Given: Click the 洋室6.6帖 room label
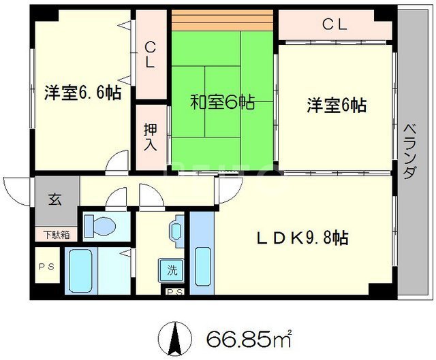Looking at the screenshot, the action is pyautogui.click(x=83, y=93).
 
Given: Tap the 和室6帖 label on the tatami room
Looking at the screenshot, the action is pyautogui.click(x=222, y=103).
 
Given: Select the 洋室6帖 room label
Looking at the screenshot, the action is pyautogui.click(x=337, y=105).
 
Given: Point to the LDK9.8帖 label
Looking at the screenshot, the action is pyautogui.click(x=302, y=238).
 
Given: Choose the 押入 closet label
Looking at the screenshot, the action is pyautogui.click(x=151, y=137).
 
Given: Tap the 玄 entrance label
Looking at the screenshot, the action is pyautogui.click(x=55, y=199).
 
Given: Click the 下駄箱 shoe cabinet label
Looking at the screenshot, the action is pyautogui.click(x=57, y=235).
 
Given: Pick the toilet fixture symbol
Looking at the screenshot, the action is pyautogui.click(x=99, y=226).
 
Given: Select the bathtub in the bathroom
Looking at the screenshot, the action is pyautogui.click(x=80, y=271).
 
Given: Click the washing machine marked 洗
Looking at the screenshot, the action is pyautogui.click(x=171, y=270).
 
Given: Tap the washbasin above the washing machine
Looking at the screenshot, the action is pyautogui.click(x=176, y=231).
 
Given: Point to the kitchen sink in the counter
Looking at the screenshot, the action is pyautogui.click(x=202, y=267).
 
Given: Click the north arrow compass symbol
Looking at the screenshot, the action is pyautogui.click(x=175, y=339).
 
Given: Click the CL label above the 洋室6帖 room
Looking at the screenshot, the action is pyautogui.click(x=334, y=24).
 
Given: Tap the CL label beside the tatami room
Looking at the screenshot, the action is pyautogui.click(x=150, y=54).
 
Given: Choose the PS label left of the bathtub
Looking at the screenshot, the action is pyautogui.click(x=46, y=267).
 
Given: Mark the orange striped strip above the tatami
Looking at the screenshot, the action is pyautogui.click(x=222, y=20).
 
